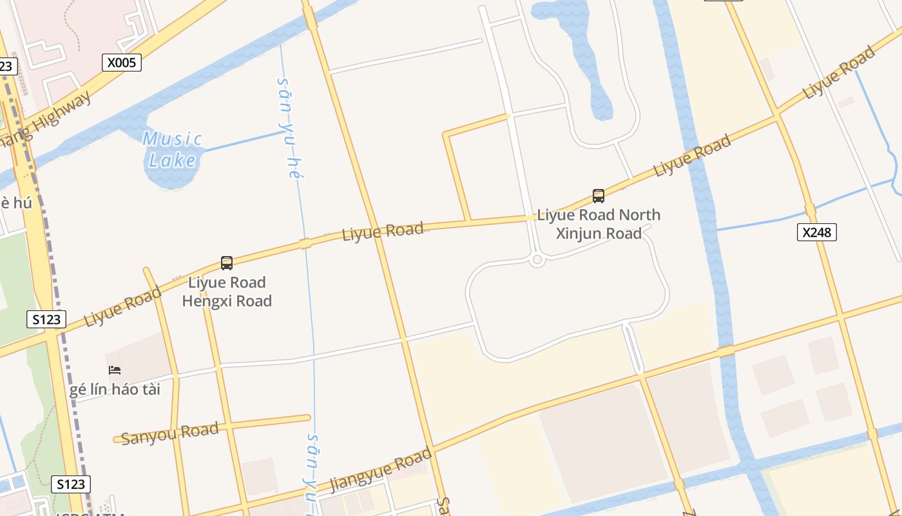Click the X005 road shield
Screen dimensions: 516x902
121,63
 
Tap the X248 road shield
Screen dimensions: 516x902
816,232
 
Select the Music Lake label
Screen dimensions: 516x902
172,149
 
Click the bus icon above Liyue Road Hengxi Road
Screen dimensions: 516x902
227,263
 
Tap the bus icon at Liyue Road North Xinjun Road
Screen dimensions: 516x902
599,196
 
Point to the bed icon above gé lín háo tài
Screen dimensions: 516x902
115,370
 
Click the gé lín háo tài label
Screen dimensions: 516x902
115,390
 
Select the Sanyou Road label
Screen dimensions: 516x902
170,433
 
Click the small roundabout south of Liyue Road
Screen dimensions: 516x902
537,260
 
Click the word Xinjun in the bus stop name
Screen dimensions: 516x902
580,233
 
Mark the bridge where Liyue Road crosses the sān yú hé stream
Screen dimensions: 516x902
305,243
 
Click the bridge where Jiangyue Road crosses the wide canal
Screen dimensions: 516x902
726,351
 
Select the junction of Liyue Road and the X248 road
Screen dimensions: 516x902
777,116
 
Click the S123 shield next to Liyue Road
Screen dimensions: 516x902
46,319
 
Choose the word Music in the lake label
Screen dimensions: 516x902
172,139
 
